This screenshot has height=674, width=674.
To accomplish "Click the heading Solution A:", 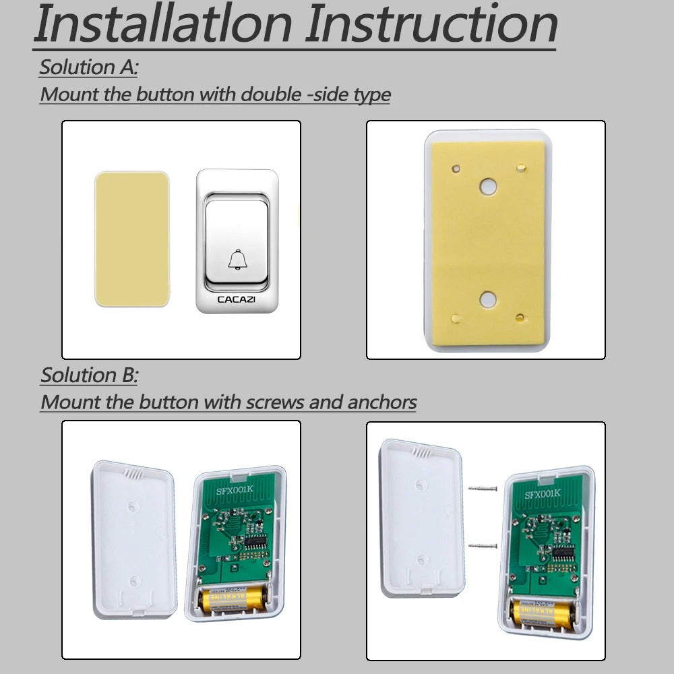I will (88, 67).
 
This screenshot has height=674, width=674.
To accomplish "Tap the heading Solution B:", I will (89, 375).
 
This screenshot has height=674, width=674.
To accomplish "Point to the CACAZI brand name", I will (237, 299).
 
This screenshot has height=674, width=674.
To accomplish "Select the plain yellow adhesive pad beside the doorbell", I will (131, 239).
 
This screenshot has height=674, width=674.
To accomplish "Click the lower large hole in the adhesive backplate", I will (487, 299).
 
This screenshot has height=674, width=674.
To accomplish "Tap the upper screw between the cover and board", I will (483, 488).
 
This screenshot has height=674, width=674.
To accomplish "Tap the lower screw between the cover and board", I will (483, 545).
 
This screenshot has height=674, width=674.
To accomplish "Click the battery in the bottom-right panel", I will (544, 612).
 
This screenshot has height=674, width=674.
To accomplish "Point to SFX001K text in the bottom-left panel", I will (237, 491).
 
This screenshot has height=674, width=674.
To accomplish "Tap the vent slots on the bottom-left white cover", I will (135, 474).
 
